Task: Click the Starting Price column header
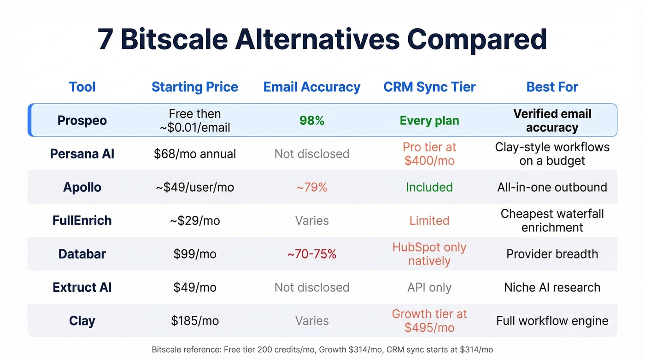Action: pos(195,87)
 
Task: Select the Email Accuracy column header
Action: pos(312,87)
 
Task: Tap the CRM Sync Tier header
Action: pos(429,87)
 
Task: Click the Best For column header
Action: pos(552,87)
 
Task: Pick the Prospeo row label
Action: pos(82,120)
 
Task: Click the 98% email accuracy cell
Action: pos(312,121)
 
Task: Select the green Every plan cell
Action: pos(429,121)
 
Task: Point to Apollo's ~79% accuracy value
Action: pos(312,187)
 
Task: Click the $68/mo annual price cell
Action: pos(195,153)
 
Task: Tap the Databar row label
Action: pos(82,254)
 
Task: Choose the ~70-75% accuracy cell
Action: pos(312,254)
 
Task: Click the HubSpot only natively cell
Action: pos(429,254)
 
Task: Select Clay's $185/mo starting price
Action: pos(195,321)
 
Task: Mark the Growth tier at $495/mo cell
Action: pos(429,321)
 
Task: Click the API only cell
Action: pos(429,288)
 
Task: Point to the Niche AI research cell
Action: pos(552,288)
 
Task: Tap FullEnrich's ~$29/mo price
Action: pos(195,221)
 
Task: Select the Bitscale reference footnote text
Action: pos(322,349)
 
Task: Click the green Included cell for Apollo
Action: pos(429,187)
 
